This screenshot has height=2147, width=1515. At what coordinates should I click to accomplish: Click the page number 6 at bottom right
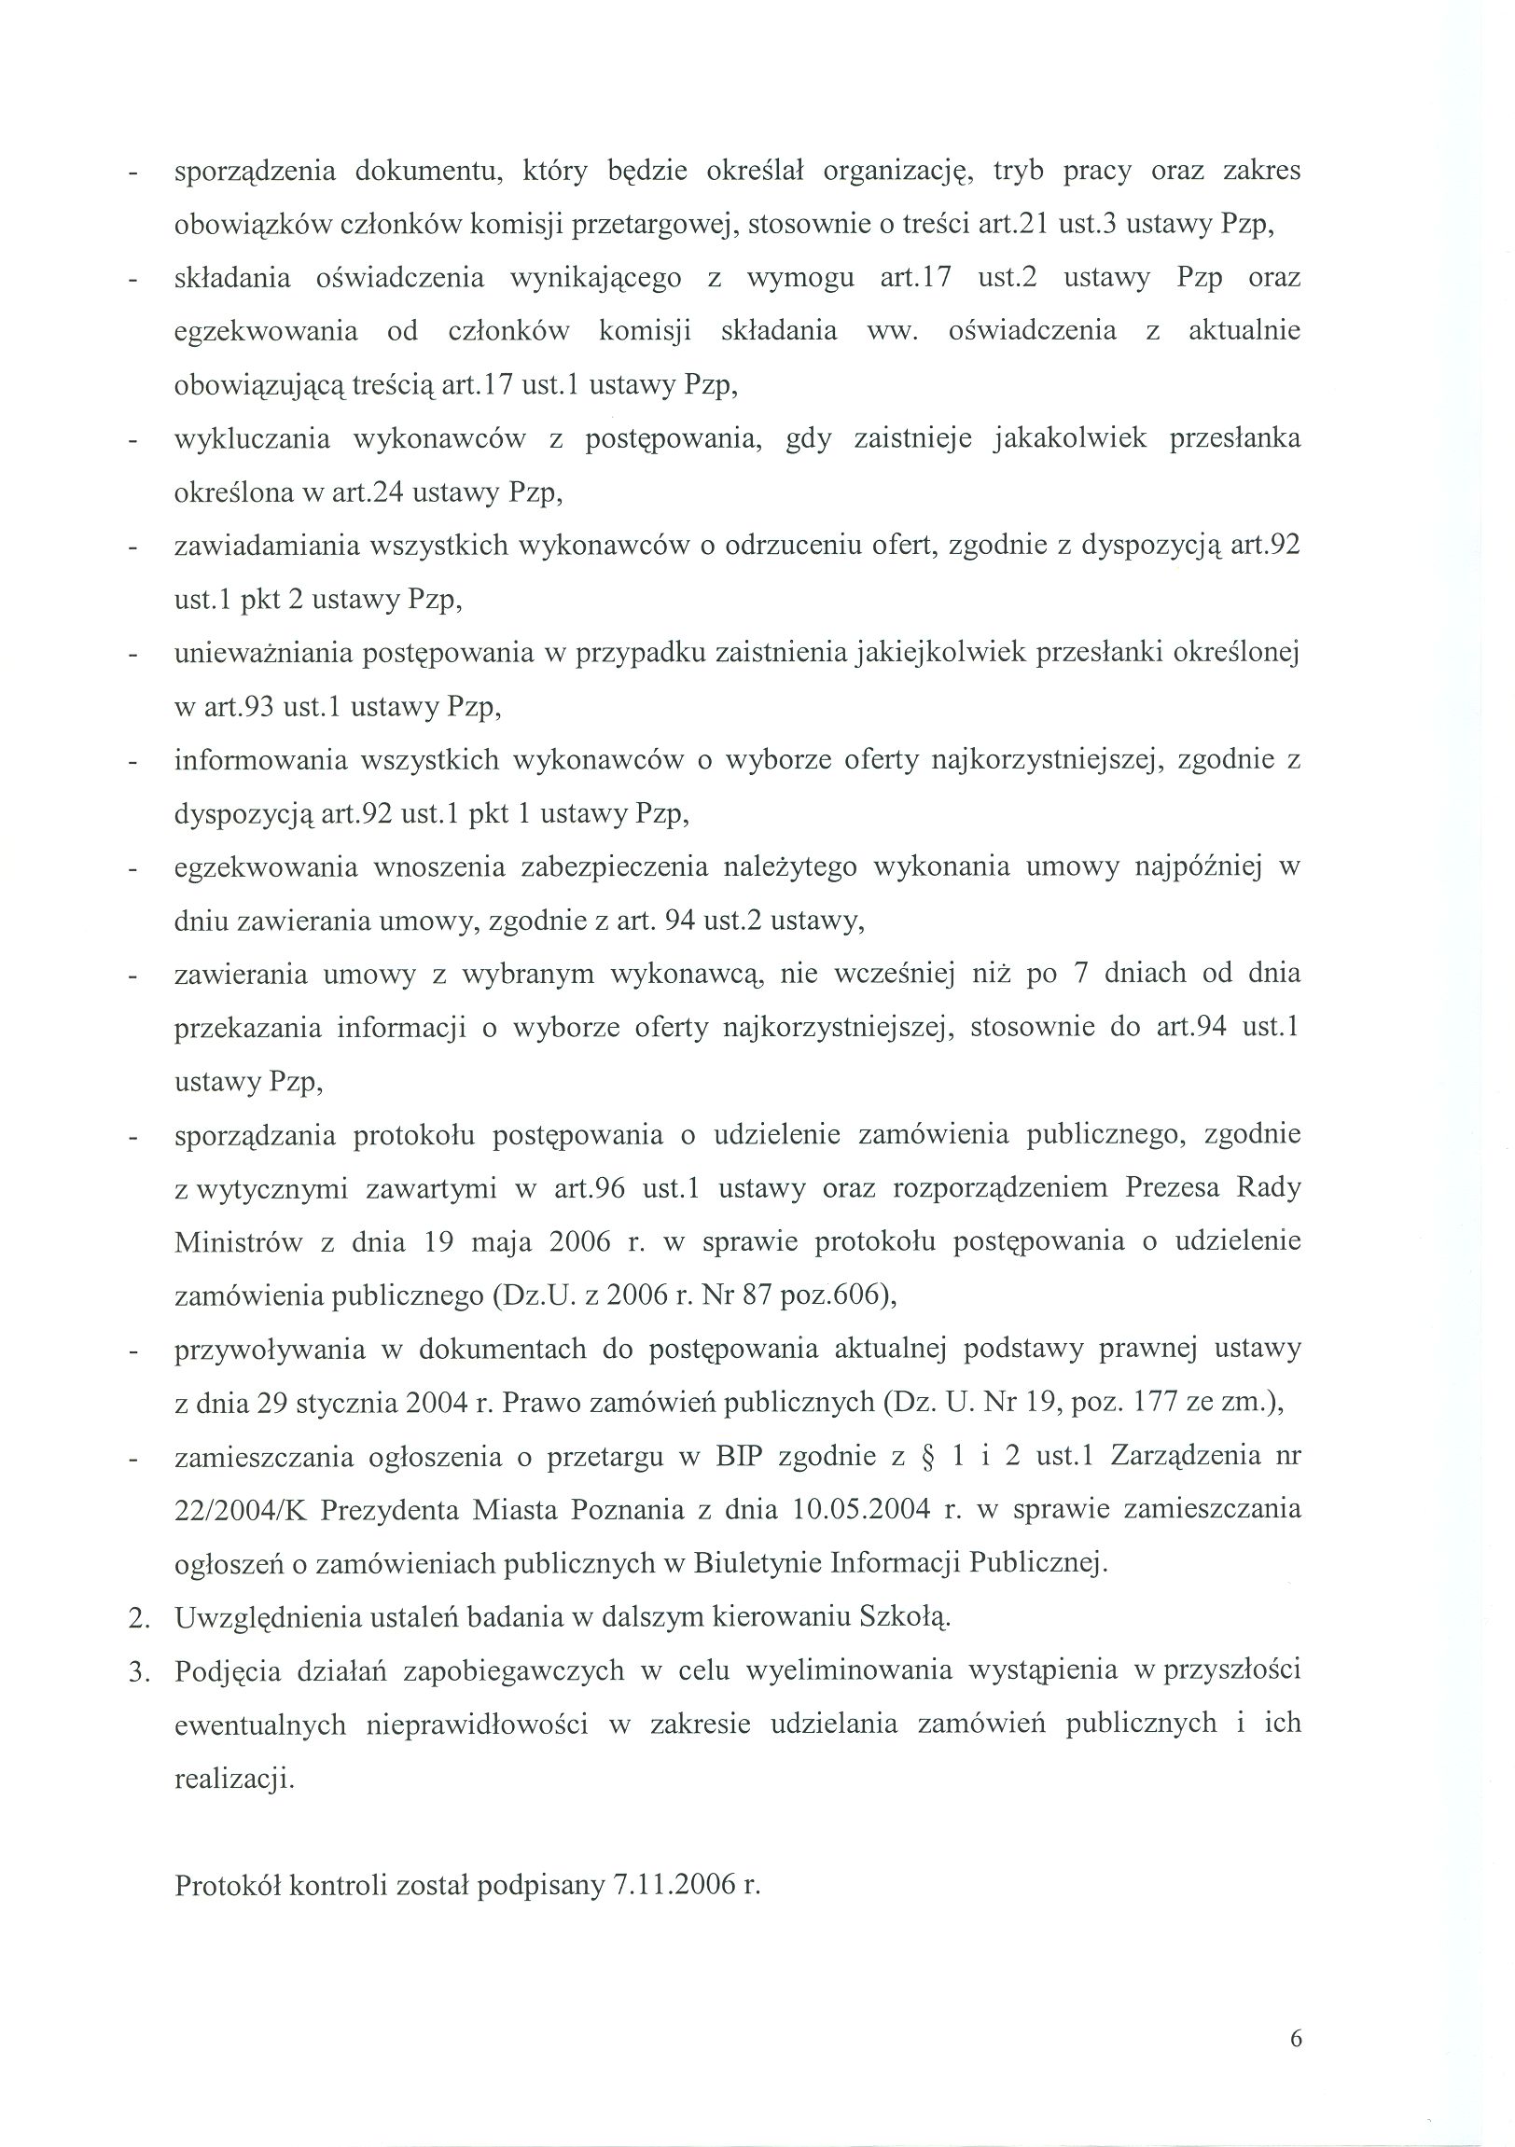[x=1295, y=2039]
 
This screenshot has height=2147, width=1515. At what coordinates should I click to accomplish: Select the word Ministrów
[x=239, y=1242]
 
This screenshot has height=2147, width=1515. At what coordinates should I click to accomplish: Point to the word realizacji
[x=234, y=1778]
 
